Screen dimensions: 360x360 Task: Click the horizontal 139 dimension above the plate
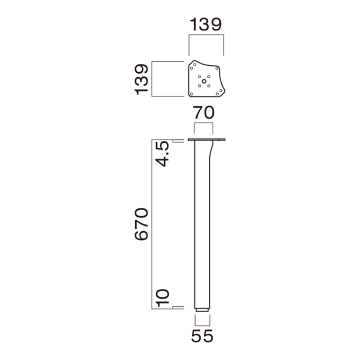[205, 24]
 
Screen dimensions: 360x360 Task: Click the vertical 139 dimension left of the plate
[141, 79]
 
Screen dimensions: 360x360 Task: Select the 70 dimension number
[203, 112]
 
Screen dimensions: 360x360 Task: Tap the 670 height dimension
[141, 224]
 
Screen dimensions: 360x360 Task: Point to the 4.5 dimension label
[162, 154]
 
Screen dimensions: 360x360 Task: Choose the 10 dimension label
[162, 298]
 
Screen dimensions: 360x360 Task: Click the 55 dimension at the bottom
[202, 336]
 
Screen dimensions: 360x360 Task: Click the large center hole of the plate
[204, 81]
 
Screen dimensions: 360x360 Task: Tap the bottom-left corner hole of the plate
[191, 94]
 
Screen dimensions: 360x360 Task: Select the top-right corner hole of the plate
[216, 68]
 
